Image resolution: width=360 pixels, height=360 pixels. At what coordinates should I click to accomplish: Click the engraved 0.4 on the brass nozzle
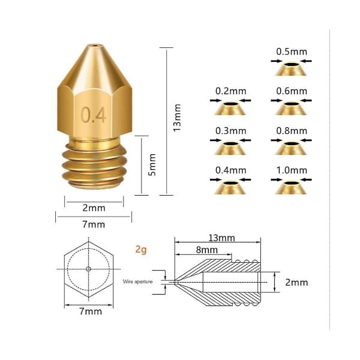(94, 115)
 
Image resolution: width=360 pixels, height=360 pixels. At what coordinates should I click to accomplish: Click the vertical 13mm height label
(177, 118)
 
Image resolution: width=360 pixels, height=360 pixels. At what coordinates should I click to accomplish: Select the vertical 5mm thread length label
(152, 165)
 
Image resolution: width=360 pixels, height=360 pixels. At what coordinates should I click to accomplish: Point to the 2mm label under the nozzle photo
(94, 208)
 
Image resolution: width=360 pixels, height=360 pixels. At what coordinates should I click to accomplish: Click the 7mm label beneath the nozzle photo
(94, 224)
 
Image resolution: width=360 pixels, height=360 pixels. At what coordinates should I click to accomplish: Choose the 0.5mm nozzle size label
(292, 52)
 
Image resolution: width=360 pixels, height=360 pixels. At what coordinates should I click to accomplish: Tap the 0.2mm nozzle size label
(231, 91)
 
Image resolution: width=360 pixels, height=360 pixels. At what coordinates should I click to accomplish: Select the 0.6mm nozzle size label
(292, 91)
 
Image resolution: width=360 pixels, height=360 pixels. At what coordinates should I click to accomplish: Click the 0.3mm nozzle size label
(231, 131)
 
